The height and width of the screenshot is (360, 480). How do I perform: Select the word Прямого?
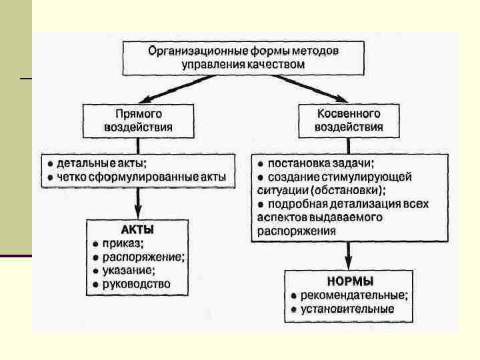pyautogui.click(x=139, y=114)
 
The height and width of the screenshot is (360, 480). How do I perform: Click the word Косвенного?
pyautogui.click(x=349, y=114)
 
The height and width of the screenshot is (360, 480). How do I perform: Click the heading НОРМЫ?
pyautogui.click(x=349, y=281)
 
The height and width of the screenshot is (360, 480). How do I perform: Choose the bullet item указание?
pyautogui.click(x=128, y=270)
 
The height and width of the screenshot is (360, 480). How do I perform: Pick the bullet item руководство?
pyautogui.click(x=136, y=284)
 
